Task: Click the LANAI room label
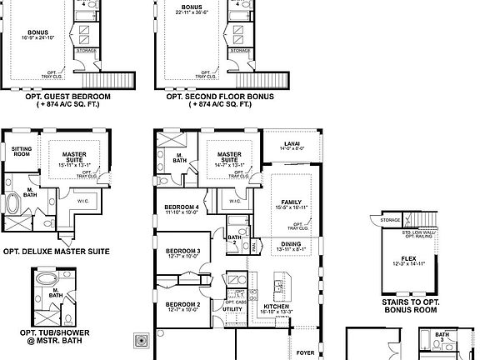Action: tap(292, 142)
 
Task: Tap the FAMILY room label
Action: tap(292, 202)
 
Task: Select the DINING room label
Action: tap(291, 243)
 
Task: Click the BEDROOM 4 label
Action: tap(182, 207)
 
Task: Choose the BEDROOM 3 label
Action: tap(182, 251)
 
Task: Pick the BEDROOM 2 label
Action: tap(182, 305)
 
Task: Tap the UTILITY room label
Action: tap(232, 309)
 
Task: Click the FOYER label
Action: tap(305, 352)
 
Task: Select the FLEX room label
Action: tap(408, 258)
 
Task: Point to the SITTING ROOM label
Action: tap(22, 151)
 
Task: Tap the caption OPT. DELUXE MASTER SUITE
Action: tap(56, 250)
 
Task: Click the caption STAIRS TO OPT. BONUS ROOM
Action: tap(411, 304)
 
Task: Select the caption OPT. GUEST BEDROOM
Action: tap(56, 96)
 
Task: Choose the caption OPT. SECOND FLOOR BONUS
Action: tap(220, 96)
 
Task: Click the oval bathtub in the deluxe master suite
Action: tap(16, 204)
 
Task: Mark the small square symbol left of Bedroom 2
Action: tap(140, 340)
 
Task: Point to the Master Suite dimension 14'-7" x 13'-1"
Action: tap(229, 165)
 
